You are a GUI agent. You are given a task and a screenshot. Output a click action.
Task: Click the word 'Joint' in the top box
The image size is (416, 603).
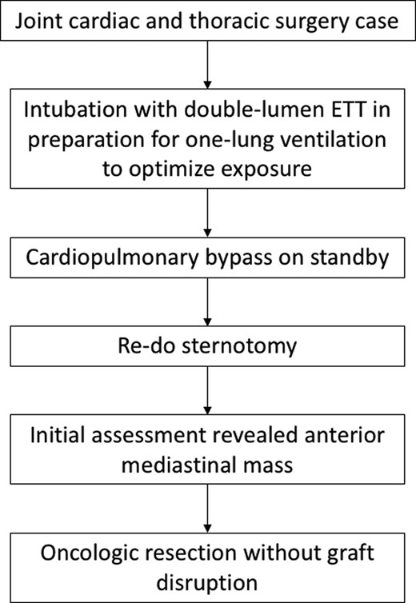tap(38, 21)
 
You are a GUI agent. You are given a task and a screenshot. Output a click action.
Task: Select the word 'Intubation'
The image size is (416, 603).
tap(75, 110)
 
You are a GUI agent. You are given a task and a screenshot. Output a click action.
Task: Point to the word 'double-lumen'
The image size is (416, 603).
tap(250, 110)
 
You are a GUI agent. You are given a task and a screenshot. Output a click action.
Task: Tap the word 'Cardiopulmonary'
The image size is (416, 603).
tap(112, 258)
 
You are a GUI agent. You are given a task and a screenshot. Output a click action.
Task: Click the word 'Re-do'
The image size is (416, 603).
tap(146, 345)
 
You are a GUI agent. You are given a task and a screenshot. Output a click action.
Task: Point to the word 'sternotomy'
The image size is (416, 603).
tap(239, 345)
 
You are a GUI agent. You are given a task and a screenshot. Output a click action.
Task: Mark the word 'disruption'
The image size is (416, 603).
tap(207, 583)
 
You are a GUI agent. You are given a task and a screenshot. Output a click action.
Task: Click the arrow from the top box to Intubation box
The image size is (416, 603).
tap(207, 65)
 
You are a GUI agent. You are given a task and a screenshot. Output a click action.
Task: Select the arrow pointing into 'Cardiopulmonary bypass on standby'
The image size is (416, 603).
tap(207, 213)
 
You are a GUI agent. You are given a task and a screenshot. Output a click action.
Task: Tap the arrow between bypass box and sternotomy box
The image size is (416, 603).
tap(207, 301)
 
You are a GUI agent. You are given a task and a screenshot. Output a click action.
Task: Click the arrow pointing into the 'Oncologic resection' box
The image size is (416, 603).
tap(207, 509)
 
